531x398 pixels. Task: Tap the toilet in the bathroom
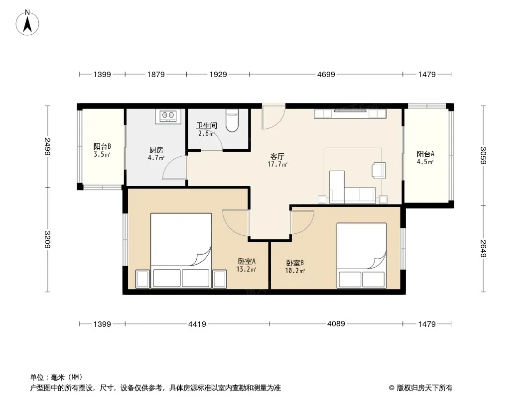point(232,120)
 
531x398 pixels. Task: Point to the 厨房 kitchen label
point(156,150)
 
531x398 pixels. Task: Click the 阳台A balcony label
point(425,154)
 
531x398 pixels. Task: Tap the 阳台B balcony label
point(102,147)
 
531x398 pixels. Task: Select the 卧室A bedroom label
point(247,261)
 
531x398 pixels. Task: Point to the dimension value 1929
point(218,75)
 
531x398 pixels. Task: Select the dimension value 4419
point(197,324)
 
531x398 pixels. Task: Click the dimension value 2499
point(47,146)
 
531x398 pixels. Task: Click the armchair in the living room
point(378,170)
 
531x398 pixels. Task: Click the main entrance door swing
point(273,117)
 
